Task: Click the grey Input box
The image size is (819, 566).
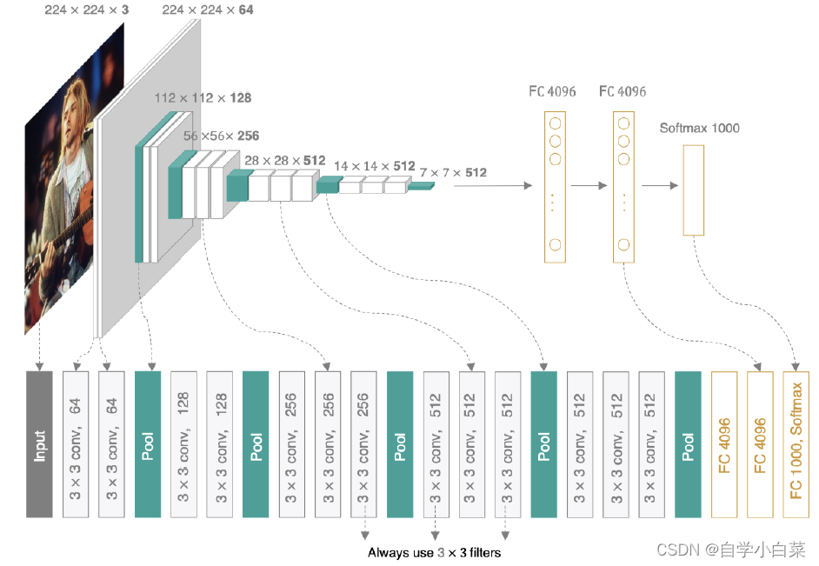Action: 39,444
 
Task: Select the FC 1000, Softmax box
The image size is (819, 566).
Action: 796,444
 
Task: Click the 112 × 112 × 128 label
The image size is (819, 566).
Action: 203,98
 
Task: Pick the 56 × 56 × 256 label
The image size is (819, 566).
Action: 221,137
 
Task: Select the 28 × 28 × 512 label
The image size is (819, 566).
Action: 284,161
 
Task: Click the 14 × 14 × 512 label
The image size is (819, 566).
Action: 375,166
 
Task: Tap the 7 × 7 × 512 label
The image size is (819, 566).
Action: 452,173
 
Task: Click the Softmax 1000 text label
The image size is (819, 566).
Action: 699,128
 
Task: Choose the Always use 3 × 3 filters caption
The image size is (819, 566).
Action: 434,552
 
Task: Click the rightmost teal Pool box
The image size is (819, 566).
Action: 688,444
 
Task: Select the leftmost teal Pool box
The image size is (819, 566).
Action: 148,444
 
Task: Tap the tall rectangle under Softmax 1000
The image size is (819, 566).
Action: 694,190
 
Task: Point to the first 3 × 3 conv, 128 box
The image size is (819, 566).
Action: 183,444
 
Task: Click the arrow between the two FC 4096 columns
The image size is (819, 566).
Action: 588,185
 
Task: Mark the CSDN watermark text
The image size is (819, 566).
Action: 730,549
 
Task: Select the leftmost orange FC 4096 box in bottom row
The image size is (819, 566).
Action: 723,444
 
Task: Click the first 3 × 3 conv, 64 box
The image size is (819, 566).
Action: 76,444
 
